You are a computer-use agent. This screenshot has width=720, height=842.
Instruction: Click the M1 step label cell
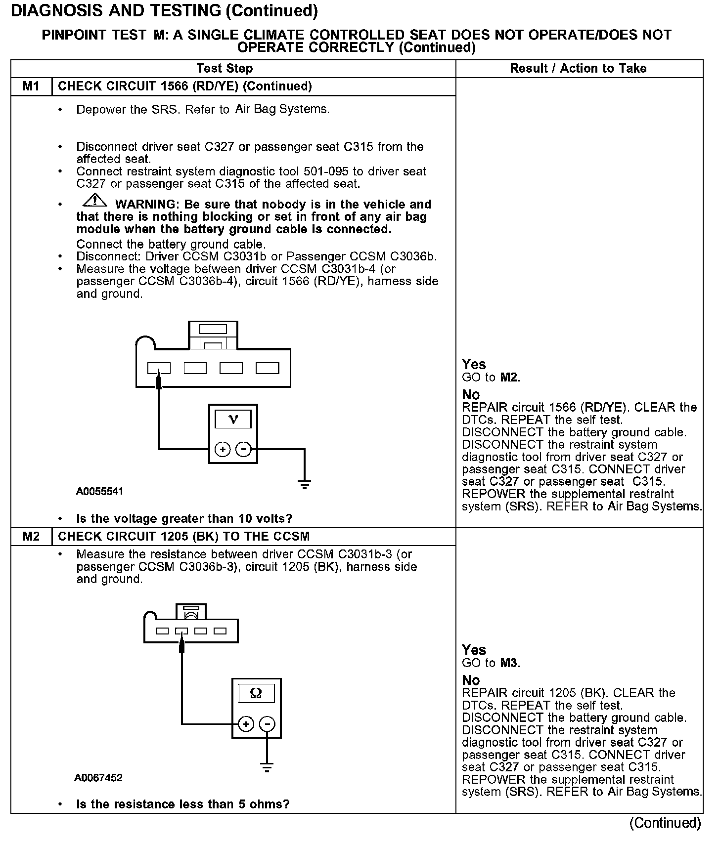31,86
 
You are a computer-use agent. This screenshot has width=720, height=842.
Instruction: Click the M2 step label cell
31,537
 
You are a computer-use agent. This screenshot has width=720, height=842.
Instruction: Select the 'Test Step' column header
225,69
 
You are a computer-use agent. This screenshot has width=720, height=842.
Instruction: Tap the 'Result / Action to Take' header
578,69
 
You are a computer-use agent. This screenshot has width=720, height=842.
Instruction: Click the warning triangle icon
94,200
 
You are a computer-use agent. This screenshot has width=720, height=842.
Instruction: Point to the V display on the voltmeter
233,420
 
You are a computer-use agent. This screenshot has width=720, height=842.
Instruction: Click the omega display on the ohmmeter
256,693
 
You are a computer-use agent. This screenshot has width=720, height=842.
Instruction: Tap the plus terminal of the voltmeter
223,449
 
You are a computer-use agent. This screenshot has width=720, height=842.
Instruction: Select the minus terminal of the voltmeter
243,449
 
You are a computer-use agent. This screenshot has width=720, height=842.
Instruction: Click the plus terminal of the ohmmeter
246,724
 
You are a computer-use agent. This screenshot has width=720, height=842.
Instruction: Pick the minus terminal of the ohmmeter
267,724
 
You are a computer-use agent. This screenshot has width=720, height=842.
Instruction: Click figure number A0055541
99,492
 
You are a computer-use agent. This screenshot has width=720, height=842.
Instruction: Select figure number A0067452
98,778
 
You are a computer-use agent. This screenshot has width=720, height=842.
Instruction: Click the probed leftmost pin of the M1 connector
159,368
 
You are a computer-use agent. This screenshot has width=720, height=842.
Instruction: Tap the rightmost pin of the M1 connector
267,368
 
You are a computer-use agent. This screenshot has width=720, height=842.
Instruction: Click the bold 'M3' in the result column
509,663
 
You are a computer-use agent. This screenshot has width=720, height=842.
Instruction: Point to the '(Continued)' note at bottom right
665,823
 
